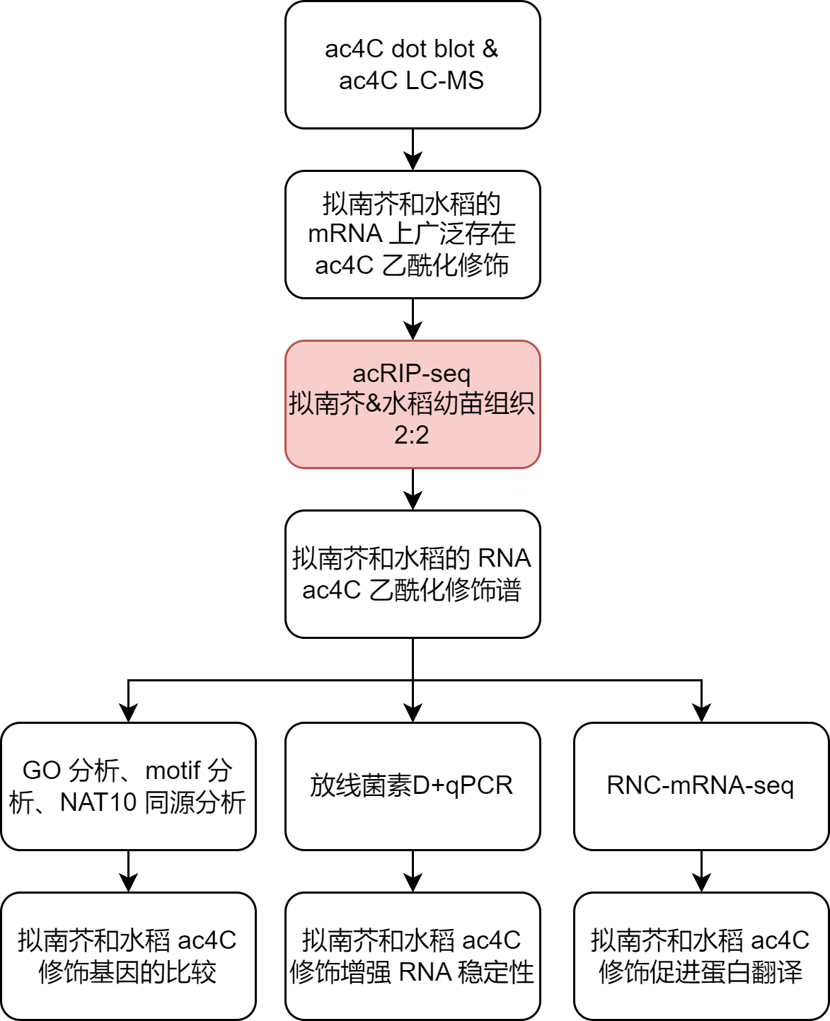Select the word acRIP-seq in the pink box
point(412,374)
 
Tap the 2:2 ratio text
point(412,434)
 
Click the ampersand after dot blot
point(490,50)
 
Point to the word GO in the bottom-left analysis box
point(41,771)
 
